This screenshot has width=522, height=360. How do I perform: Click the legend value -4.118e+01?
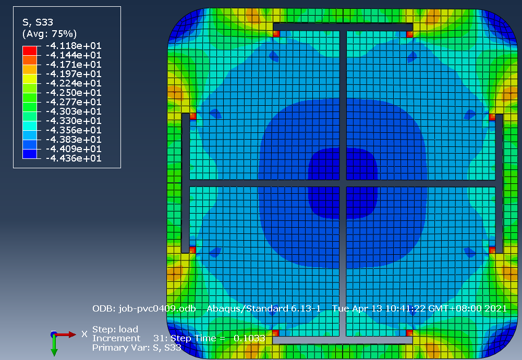pyautogui.click(x=74, y=45)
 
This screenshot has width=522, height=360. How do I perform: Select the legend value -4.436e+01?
pyautogui.click(x=74, y=158)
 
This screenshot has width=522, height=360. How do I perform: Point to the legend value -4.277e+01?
pyautogui.click(x=74, y=102)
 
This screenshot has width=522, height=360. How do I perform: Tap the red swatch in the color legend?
pyautogui.click(x=30, y=51)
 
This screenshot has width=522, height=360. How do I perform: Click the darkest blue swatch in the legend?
pyautogui.click(x=30, y=154)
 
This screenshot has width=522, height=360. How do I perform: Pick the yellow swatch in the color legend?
pyautogui.click(x=30, y=79)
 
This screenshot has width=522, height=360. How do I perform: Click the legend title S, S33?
pyautogui.click(x=38, y=22)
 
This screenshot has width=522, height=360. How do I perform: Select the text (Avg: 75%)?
pyautogui.click(x=50, y=34)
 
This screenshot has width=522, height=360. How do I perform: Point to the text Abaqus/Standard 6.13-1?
pyautogui.click(x=264, y=309)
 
